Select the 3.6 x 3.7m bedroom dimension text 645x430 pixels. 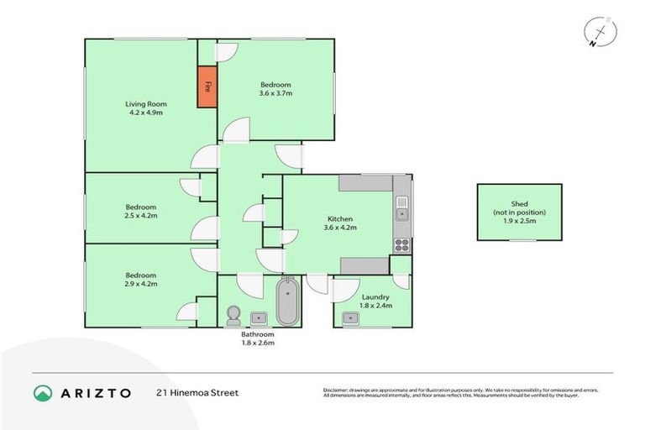click(x=275, y=93)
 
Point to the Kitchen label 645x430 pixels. click(x=340, y=219)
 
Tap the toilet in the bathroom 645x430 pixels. click(x=233, y=315)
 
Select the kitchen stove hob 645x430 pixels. click(x=401, y=245)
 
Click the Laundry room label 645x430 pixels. click(x=375, y=297)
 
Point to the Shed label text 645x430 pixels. click(x=519, y=203)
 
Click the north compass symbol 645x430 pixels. click(x=600, y=33)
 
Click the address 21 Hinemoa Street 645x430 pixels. click(x=197, y=392)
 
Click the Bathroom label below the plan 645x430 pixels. click(x=258, y=334)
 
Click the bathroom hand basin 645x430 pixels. click(x=260, y=317)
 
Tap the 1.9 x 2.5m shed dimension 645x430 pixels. click(x=519, y=221)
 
